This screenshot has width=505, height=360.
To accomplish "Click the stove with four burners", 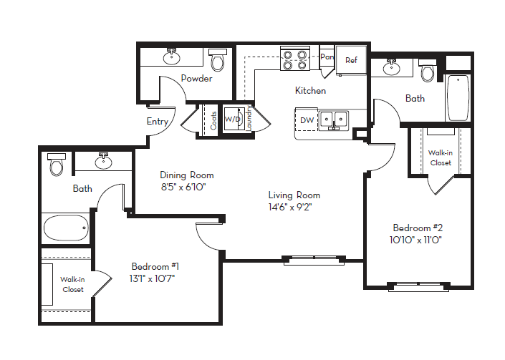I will point(294,59).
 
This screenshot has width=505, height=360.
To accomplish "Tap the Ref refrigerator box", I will point(351,60).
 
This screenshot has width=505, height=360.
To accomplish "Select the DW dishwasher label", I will point(306,120).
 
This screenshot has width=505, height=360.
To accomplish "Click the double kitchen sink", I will point(333,120).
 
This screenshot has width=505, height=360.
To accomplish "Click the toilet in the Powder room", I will point(216,61).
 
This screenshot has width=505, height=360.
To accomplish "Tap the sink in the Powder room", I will point(172,57).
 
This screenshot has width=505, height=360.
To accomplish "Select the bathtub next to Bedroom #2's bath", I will point(457,99).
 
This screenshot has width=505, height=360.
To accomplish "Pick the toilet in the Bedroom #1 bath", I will point(57,165).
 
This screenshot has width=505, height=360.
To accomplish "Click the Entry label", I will point(158,122).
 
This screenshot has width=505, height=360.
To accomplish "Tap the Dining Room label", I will point(186,175).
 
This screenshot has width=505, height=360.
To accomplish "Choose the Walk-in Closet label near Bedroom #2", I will point(440,157).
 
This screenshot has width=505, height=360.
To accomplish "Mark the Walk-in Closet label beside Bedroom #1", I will point(72,285).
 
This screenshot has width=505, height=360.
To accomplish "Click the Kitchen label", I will point(310,91).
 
